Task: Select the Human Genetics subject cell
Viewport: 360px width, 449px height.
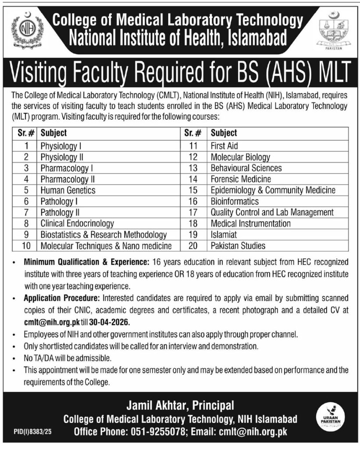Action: click(x=68, y=190)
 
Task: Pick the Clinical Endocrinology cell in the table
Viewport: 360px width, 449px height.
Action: click(x=77, y=224)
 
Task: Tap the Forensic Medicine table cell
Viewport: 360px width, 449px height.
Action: click(x=241, y=179)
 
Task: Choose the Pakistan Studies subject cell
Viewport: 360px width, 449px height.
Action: click(x=238, y=246)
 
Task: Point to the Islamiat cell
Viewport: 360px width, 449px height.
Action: click(x=224, y=235)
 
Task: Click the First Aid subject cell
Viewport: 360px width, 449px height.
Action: click(x=225, y=146)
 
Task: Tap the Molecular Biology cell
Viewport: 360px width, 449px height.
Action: click(x=240, y=157)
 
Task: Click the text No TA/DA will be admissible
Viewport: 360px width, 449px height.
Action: click(x=65, y=358)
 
